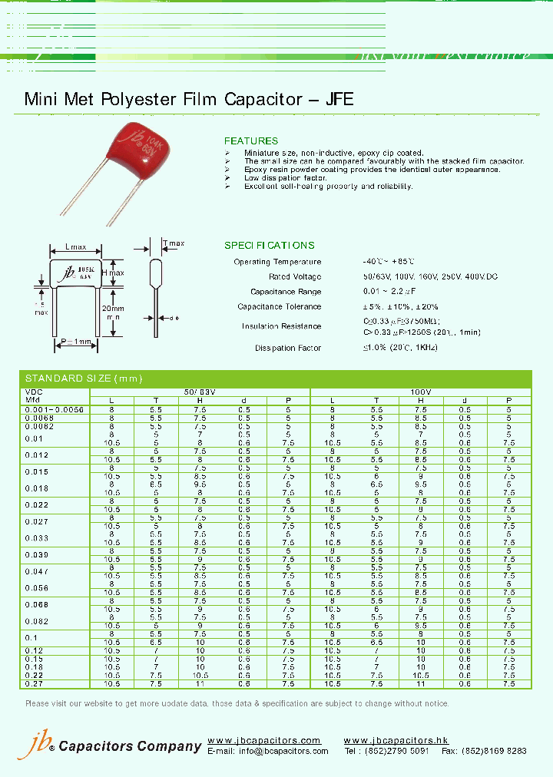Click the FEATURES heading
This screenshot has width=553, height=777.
click(x=251, y=141)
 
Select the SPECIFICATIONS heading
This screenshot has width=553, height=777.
click(x=269, y=246)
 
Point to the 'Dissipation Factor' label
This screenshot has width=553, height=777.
click(x=288, y=349)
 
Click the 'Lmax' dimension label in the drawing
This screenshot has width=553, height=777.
click(x=76, y=247)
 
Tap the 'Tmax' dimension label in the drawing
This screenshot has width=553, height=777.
click(x=174, y=243)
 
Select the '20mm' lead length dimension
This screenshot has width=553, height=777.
click(x=114, y=308)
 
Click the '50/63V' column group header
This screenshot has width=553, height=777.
click(x=200, y=392)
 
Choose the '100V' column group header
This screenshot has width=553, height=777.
click(x=420, y=392)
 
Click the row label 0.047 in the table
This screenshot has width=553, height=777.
click(x=36, y=572)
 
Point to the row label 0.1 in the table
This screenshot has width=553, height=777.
click(x=31, y=638)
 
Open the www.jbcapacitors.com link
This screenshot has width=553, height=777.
click(x=263, y=740)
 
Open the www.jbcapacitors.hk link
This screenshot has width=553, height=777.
click(x=396, y=740)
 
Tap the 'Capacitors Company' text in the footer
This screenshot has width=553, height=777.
click(x=130, y=746)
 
